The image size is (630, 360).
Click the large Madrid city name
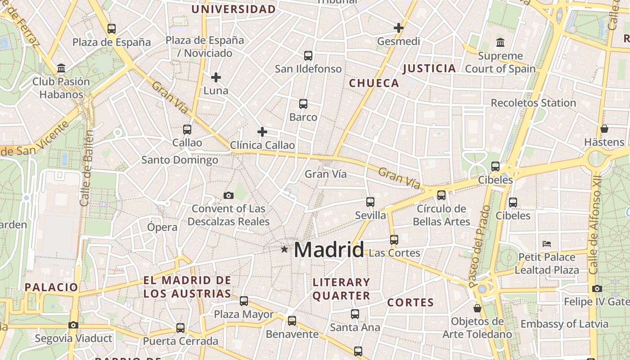coord(329,250)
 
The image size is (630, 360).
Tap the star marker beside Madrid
coord(284,249)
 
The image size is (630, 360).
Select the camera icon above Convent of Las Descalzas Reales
coord(229,195)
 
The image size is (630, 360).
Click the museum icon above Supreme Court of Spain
coord(500,43)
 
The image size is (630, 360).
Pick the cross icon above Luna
coord(216,77)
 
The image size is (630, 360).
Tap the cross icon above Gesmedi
coord(398,28)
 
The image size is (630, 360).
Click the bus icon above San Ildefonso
coord(308,56)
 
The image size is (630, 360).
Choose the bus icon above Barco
coord(303,104)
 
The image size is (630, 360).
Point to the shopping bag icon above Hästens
coord(604,129)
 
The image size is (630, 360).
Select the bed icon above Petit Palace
coord(547,244)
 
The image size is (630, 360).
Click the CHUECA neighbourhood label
coord(374,83)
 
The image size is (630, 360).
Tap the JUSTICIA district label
coord(429,68)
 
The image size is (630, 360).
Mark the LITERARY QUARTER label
coord(341,289)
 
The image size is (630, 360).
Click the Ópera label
coord(162,227)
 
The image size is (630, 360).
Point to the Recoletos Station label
coord(533,103)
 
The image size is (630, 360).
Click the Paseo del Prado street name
coord(480,247)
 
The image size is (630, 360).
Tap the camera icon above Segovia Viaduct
coord(73,325)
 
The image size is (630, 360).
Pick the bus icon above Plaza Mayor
coord(244,301)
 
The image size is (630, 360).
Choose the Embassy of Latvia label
coord(564,324)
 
